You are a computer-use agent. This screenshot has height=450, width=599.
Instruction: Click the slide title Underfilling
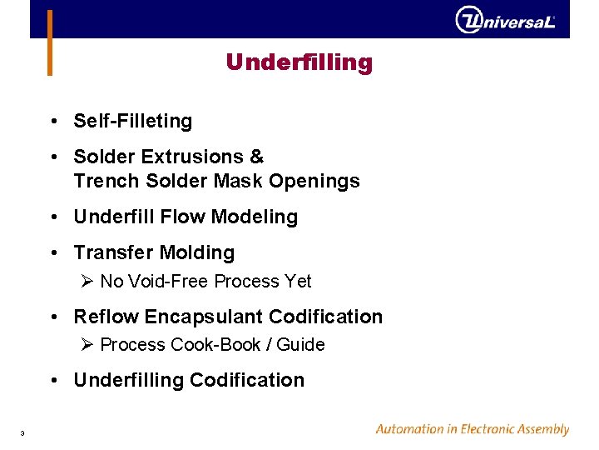[299, 62]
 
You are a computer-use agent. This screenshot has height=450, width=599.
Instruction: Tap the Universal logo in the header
[505, 20]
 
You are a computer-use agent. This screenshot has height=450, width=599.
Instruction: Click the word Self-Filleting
[132, 121]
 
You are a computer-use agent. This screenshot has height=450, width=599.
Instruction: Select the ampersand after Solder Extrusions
[256, 157]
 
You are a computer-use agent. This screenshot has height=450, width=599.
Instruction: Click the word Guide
[300, 345]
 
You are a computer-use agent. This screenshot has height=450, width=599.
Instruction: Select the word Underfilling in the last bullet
[128, 380]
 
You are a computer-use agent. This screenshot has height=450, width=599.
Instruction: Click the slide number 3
[22, 432]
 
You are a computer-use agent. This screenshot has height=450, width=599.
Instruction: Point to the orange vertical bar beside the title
[50, 42]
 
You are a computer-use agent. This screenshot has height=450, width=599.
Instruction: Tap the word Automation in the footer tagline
[408, 429]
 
